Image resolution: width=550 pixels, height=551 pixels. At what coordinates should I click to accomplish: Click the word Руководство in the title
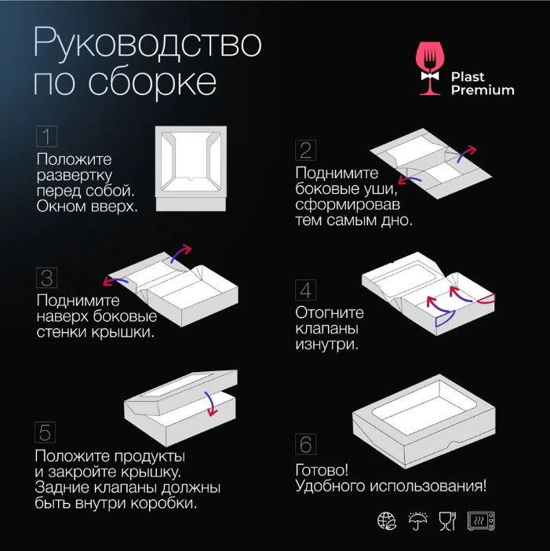pyautogui.click(x=148, y=44)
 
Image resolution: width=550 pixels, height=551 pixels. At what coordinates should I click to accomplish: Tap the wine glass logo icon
pyautogui.click(x=429, y=68)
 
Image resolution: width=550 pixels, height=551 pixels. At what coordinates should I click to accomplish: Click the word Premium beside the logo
pyautogui.click(x=483, y=90)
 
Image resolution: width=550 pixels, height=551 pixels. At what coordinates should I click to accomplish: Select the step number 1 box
pyautogui.click(x=47, y=136)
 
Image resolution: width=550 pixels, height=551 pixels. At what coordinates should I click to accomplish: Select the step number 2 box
pyautogui.click(x=305, y=150)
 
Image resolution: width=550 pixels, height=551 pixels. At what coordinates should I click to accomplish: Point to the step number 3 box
pyautogui.click(x=47, y=278)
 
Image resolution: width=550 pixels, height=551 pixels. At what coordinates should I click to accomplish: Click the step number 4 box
pyautogui.click(x=305, y=290)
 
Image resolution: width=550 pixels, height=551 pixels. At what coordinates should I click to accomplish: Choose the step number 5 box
pyautogui.click(x=46, y=432)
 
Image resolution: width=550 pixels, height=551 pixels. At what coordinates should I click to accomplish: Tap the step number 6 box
pyautogui.click(x=305, y=444)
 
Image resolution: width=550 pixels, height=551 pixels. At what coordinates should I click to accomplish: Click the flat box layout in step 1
pyautogui.click(x=191, y=169)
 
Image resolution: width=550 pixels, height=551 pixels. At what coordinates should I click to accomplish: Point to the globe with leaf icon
pyautogui.click(x=387, y=520)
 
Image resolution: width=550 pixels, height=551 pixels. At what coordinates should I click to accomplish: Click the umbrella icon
pyautogui.click(x=418, y=520)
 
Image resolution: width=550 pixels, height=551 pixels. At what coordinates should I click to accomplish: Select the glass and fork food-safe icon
pyautogui.click(x=447, y=520)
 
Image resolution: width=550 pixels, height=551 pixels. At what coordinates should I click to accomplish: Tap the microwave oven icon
pyautogui.click(x=481, y=520)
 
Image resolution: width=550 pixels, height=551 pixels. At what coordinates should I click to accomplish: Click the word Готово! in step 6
pyautogui.click(x=322, y=470)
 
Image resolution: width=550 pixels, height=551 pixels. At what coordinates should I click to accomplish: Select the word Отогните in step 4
pyautogui.click(x=330, y=312)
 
